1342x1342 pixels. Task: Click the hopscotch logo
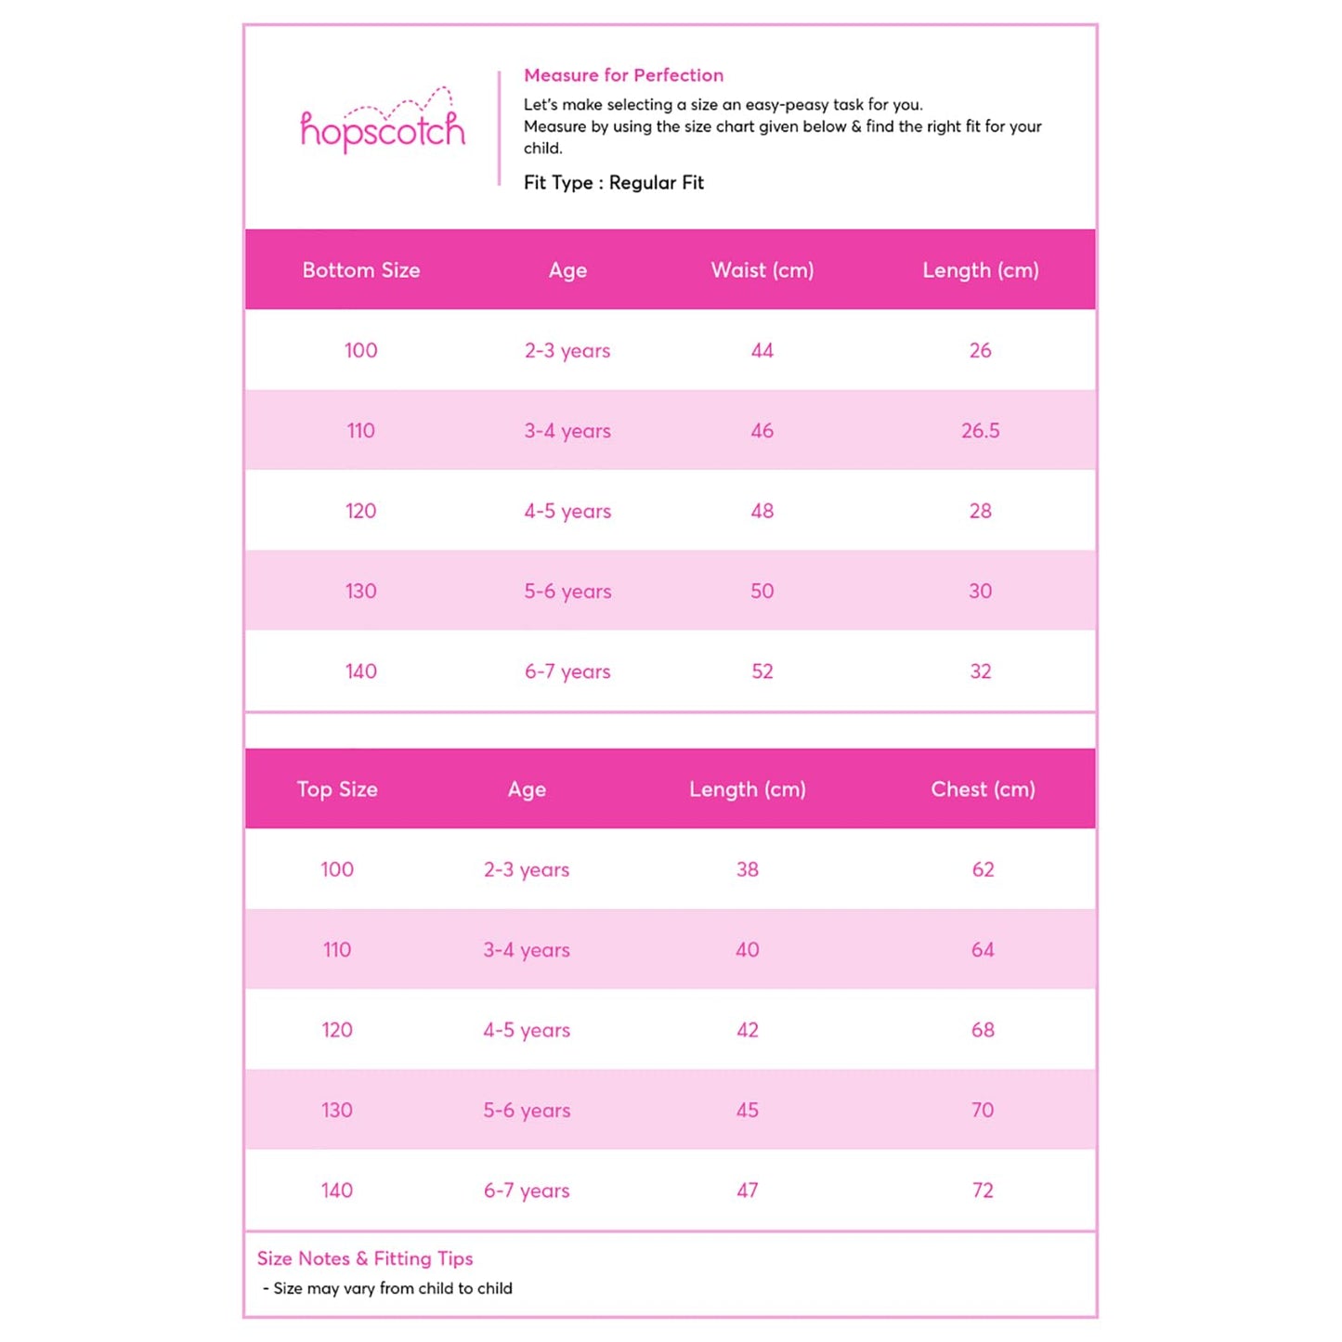tap(382, 125)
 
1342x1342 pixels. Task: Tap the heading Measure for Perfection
tap(623, 75)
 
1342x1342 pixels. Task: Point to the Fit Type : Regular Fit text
tap(613, 183)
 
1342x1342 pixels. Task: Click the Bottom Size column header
tap(361, 270)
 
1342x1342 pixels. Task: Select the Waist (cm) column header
tap(762, 270)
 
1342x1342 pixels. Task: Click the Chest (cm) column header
tap(983, 789)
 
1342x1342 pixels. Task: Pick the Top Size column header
tap(337, 789)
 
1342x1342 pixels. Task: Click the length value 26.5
tap(980, 431)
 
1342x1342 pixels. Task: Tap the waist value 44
tap(762, 351)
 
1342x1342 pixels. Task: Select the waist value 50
tap(762, 592)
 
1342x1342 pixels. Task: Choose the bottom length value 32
tap(980, 671)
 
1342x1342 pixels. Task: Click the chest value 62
tap(983, 870)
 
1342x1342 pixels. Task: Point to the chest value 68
tap(983, 1030)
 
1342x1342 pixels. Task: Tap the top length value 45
tap(747, 1111)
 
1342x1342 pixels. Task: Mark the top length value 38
tap(747, 870)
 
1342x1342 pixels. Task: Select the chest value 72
tap(983, 1191)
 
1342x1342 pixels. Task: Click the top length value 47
tap(747, 1191)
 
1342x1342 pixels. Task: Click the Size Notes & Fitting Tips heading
tap(365, 1258)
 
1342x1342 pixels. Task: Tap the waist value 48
tap(762, 511)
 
